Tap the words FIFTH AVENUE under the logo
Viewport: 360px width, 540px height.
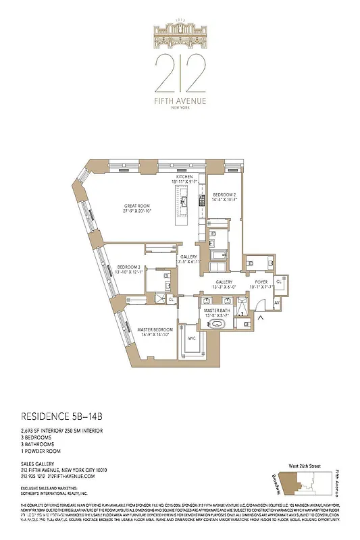click(179, 101)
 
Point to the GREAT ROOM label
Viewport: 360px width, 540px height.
click(136, 208)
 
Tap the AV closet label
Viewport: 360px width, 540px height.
click(276, 303)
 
